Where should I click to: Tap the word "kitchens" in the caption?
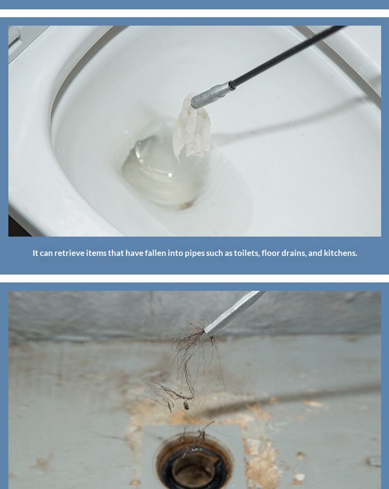click(340, 253)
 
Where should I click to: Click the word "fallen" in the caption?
click(156, 253)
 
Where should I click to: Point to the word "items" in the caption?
click(96, 253)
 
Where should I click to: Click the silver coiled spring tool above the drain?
click(234, 313)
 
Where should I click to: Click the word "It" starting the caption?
click(35, 253)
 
